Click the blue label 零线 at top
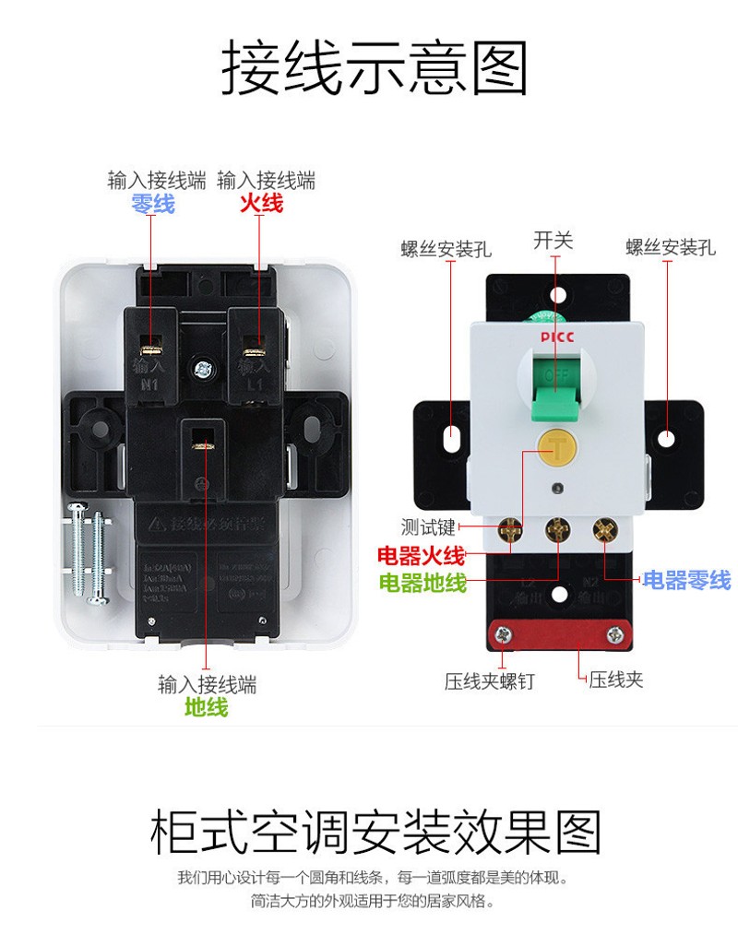pos(152,204)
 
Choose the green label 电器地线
pos(422,583)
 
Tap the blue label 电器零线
pos(686,580)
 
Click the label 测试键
pos(428,527)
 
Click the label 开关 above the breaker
pos(553,242)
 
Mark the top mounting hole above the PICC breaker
pos(556,295)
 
